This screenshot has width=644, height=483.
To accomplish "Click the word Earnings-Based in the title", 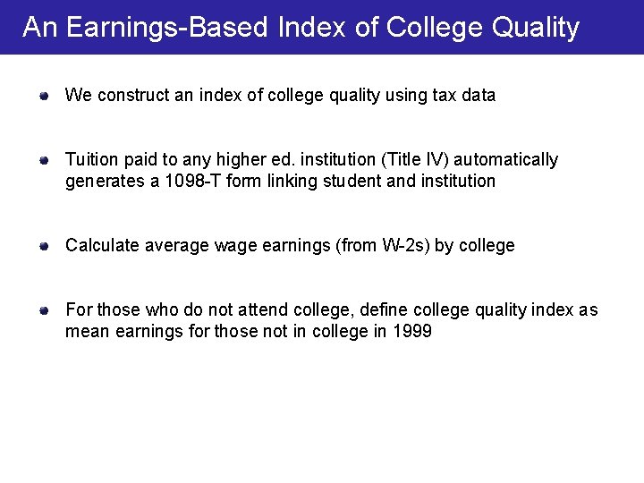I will (167, 28).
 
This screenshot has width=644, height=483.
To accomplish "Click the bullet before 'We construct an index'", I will (43, 95).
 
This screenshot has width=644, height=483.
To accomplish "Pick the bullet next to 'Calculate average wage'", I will (43, 246).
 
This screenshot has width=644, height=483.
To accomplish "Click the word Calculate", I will (99, 246).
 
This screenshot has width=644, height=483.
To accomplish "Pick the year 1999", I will (412, 332).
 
